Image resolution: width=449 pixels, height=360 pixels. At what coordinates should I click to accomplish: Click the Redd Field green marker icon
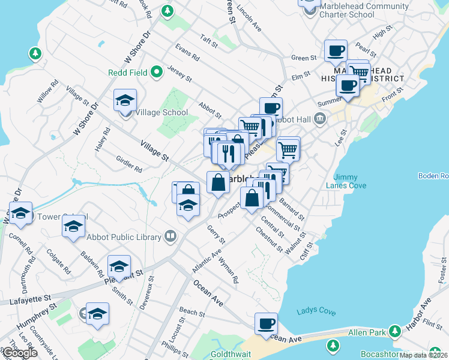point(157,73)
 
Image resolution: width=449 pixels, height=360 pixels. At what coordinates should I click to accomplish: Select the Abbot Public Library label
point(124,237)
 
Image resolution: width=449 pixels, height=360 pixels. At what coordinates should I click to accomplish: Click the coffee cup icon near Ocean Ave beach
point(266,324)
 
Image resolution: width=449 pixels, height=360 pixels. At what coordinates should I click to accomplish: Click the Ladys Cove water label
point(316,311)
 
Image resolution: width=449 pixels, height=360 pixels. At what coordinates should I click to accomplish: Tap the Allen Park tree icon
point(395,331)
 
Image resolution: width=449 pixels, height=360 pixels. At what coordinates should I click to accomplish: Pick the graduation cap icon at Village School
point(125,100)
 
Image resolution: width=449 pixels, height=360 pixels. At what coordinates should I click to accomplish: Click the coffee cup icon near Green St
point(336,50)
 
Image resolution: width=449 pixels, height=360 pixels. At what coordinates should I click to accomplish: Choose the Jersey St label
point(179,74)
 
